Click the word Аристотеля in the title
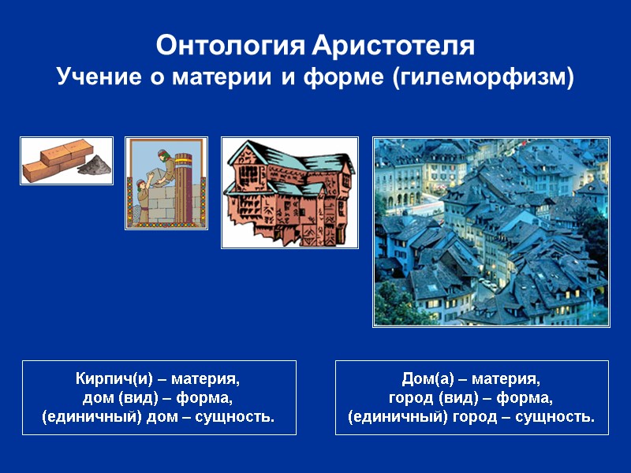pos(394,46)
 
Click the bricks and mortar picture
pos(66,161)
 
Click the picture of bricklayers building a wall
pos(166,183)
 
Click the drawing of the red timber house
pos(289,193)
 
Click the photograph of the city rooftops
pos(491,232)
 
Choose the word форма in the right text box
pos(528,397)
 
